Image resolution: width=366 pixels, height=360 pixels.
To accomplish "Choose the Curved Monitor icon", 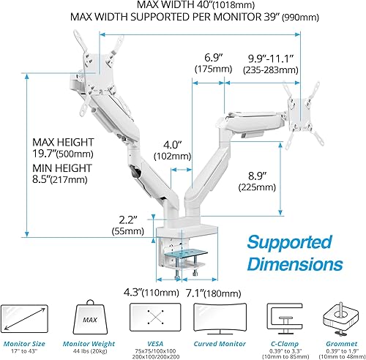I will (214, 317).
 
